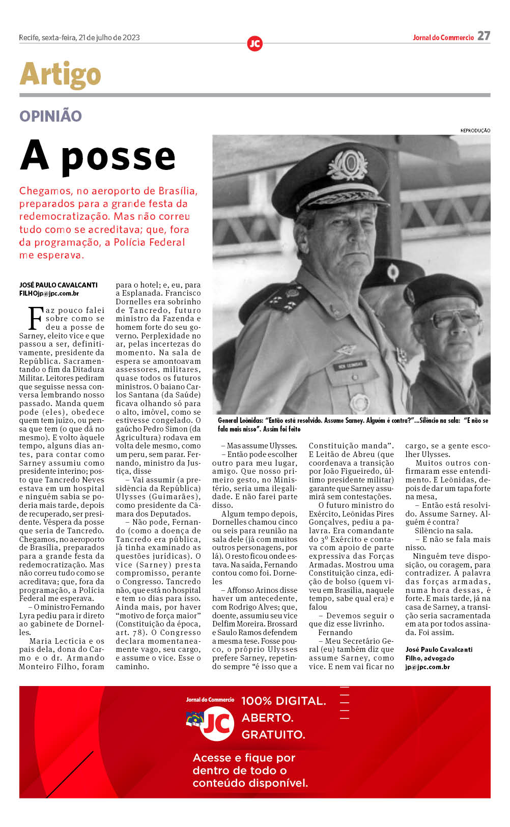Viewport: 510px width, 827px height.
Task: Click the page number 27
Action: coord(484,36)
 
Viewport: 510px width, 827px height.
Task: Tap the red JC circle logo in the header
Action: coord(254,44)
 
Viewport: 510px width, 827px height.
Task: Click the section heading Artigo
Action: coord(60,75)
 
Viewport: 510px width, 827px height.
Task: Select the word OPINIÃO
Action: coord(50,116)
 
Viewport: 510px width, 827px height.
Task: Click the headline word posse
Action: coord(118,157)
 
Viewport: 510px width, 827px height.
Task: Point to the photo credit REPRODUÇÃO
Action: coord(475,131)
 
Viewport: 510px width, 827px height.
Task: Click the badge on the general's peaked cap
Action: coord(348,164)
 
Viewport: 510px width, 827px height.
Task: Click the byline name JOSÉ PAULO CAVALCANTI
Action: coord(59,285)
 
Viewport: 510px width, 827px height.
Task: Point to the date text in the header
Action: coord(79,38)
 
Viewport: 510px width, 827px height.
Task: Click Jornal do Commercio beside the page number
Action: coord(443,38)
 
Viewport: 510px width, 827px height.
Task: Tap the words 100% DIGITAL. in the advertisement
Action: coord(284,701)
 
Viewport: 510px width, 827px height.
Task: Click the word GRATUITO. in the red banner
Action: coord(273,734)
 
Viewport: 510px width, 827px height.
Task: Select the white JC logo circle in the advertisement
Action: coord(218,723)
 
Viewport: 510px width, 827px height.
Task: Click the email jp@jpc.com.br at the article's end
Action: coord(428,667)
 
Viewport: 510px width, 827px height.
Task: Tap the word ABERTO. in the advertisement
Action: coord(267,718)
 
